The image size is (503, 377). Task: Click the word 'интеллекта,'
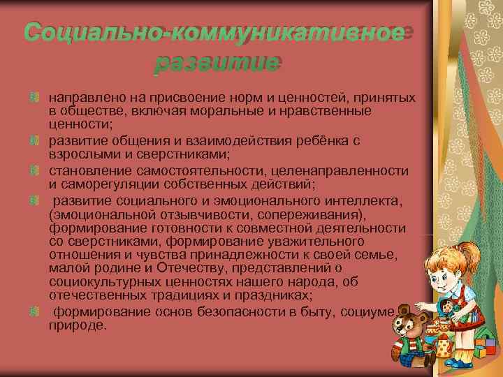coord(363,202)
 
